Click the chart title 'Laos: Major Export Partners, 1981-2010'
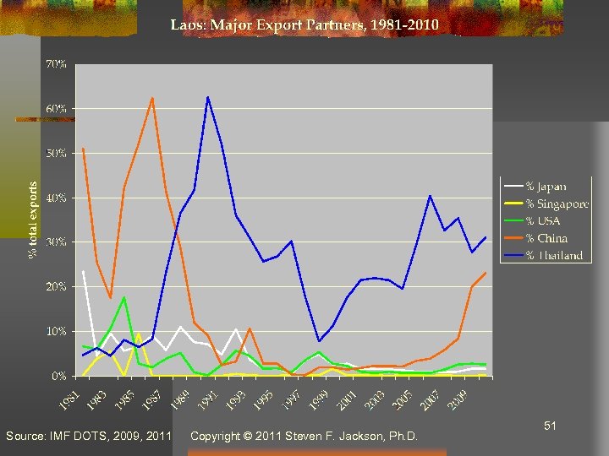(x=304, y=25)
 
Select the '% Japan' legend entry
(x=546, y=186)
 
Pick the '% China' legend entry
(x=546, y=238)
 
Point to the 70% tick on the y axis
(x=58, y=65)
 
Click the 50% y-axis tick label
(x=58, y=154)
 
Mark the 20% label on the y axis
(x=58, y=287)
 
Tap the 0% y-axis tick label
(x=60, y=376)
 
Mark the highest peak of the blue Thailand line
(x=207, y=97)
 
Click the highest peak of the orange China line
(x=152, y=98)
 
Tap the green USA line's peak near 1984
(x=124, y=297)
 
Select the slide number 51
(x=550, y=427)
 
